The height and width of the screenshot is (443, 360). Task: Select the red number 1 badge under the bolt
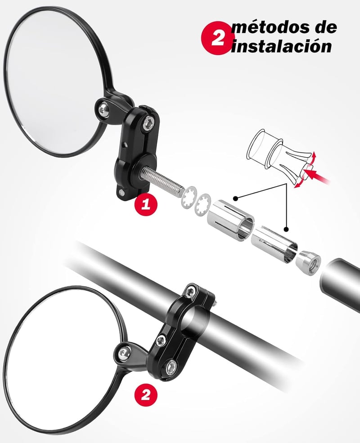point(146,204)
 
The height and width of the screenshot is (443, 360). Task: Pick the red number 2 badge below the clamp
point(145,395)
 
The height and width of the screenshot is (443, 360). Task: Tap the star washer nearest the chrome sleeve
point(202,205)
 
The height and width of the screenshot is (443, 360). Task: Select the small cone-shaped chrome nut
point(308,263)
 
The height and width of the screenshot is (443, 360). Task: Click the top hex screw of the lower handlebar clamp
point(191,291)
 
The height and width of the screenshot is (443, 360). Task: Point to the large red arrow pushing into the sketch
point(319,177)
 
